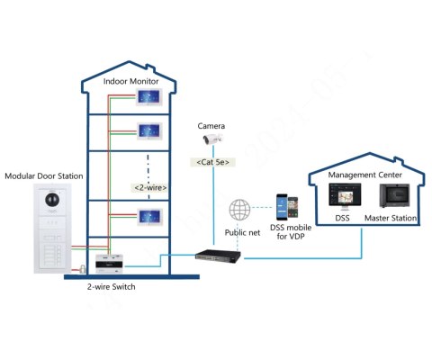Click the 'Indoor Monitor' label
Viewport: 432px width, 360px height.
pyautogui.click(x=132, y=81)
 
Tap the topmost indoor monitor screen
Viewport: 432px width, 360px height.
pyautogui.click(x=149, y=98)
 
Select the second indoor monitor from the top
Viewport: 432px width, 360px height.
pyautogui.click(x=149, y=130)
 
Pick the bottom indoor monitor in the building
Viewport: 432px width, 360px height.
pyautogui.click(x=149, y=216)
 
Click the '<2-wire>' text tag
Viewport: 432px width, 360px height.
pyautogui.click(x=150, y=187)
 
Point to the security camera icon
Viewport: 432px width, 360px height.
pyautogui.click(x=211, y=140)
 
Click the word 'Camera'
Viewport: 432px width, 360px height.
pyautogui.click(x=211, y=126)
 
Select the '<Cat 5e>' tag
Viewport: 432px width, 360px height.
pyautogui.click(x=213, y=162)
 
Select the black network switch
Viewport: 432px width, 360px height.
pyautogui.click(x=217, y=256)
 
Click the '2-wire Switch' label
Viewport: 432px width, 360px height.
pyautogui.click(x=106, y=289)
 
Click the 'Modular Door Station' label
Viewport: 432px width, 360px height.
pyautogui.click(x=45, y=175)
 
